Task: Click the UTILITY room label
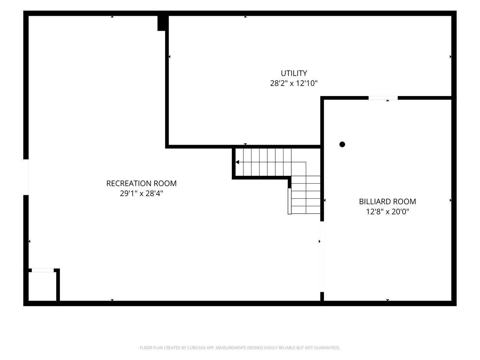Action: (x=294, y=73)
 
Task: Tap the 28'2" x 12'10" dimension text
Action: (x=294, y=83)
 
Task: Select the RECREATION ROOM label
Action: (x=141, y=183)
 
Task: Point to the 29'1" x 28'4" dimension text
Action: (x=141, y=193)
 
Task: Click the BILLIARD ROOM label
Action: (x=387, y=201)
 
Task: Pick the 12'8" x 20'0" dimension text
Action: (x=387, y=211)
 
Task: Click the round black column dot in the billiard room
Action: (x=342, y=144)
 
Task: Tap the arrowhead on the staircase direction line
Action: (x=237, y=162)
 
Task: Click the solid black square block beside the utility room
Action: (x=161, y=23)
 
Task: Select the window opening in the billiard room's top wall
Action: (x=383, y=98)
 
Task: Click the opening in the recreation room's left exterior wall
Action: (x=26, y=177)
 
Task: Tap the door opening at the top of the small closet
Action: (x=43, y=270)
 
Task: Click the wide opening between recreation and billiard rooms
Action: (x=322, y=256)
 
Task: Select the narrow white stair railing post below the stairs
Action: (x=289, y=201)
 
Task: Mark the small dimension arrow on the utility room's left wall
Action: (x=169, y=57)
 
